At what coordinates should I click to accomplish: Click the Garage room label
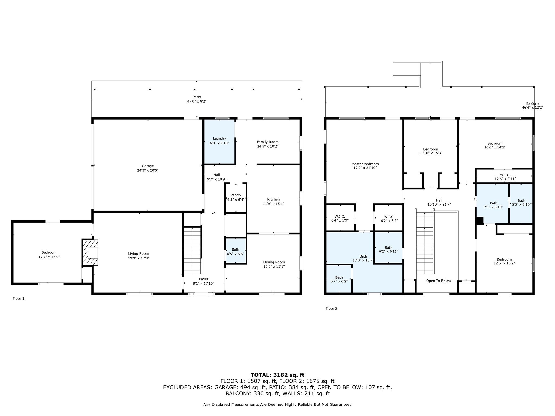(x=148, y=166)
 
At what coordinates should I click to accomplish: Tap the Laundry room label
(x=219, y=139)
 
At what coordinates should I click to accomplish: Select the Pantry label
(x=236, y=195)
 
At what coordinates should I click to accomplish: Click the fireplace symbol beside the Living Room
(x=90, y=252)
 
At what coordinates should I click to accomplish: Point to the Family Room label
(x=268, y=142)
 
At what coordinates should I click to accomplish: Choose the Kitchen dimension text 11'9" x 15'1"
(x=273, y=204)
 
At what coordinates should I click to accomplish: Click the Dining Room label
(x=274, y=262)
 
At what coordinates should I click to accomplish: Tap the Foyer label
(x=204, y=279)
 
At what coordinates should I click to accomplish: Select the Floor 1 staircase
(x=192, y=251)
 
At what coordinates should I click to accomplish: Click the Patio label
(x=197, y=97)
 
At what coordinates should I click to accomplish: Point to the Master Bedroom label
(x=365, y=164)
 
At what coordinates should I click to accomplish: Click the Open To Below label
(x=438, y=281)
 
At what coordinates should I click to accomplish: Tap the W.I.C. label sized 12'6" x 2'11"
(x=505, y=175)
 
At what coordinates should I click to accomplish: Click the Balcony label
(x=533, y=103)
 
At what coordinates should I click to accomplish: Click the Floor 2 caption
(x=331, y=308)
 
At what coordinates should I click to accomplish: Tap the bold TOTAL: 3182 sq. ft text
(x=277, y=375)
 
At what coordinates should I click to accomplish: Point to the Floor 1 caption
(x=18, y=298)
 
